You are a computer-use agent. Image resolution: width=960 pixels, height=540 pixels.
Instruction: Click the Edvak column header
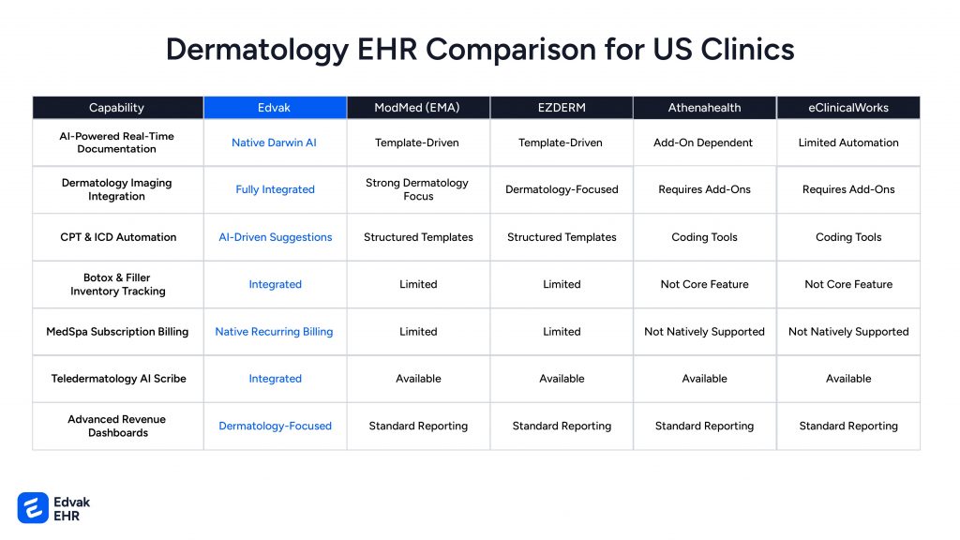[275, 108]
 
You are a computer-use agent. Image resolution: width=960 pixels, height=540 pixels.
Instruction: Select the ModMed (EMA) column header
[417, 108]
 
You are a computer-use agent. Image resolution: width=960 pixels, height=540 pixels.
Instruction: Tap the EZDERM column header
[562, 108]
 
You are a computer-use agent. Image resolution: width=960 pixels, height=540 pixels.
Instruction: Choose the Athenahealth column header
[705, 108]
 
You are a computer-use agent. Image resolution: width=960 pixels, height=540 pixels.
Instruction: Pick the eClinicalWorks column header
[848, 108]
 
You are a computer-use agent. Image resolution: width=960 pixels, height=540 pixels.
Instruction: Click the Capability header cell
[117, 108]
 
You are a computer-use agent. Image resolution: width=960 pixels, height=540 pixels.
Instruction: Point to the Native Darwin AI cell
[275, 142]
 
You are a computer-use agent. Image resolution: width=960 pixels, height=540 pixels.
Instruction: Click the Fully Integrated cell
[275, 189]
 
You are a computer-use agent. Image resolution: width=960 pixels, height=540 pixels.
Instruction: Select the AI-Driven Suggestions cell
[276, 237]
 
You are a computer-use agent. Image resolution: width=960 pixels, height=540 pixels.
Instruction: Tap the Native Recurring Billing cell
[275, 331]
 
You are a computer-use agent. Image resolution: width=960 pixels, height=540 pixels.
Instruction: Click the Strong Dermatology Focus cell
[417, 189]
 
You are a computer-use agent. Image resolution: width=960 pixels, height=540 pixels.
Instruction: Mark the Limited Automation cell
[848, 142]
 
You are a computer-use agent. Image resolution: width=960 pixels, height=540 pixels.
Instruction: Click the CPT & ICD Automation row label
[118, 237]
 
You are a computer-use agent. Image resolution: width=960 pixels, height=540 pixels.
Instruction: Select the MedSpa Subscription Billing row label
[117, 331]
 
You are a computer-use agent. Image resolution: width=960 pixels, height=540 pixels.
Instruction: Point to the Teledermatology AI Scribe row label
[119, 379]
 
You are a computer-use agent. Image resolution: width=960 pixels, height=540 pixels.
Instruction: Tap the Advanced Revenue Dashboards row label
[117, 426]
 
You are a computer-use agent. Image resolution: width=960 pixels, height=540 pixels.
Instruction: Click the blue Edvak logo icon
[33, 507]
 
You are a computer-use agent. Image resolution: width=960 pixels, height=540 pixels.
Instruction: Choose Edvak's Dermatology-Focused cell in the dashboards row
[275, 426]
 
